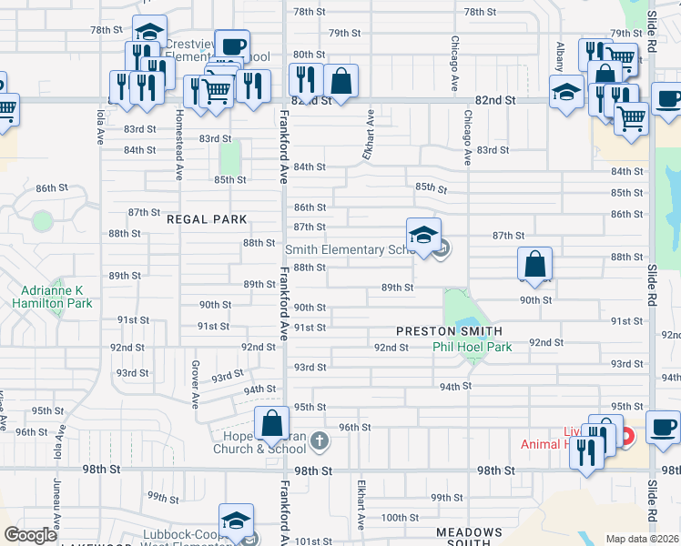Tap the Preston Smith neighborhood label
(450, 330)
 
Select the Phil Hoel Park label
(472, 347)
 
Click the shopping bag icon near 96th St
(271, 423)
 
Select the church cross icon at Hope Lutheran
(319, 441)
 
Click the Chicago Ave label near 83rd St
(467, 137)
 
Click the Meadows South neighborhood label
(469, 537)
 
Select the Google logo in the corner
(30, 535)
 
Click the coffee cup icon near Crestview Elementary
(232, 46)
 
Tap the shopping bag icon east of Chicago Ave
(535, 265)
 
